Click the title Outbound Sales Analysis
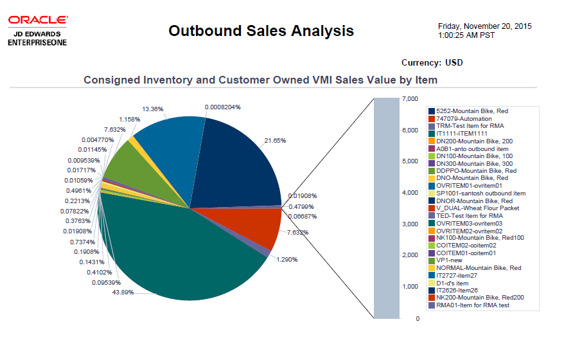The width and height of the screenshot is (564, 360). [x=261, y=30]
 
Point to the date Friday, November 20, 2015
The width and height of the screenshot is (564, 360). [x=484, y=26]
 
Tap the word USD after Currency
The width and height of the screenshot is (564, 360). [x=454, y=62]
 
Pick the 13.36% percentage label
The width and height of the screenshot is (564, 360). [x=154, y=109]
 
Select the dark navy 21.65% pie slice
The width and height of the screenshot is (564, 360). [x=238, y=161]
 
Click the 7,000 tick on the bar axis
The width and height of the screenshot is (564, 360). [x=410, y=99]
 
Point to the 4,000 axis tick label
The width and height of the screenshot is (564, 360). [x=410, y=193]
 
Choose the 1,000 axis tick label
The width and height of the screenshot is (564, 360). [x=410, y=287]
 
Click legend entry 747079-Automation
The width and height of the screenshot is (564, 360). [x=464, y=119]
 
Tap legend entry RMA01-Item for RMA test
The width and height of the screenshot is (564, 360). [x=473, y=305]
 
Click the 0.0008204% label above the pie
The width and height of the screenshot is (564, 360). [x=223, y=107]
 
